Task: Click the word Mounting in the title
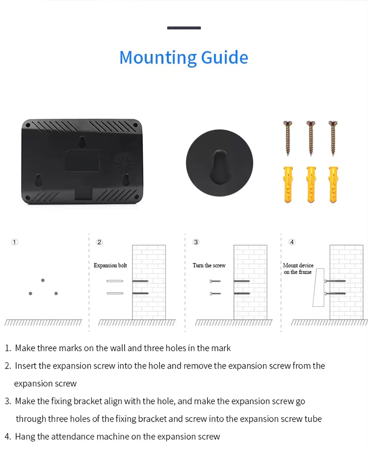click(x=158, y=58)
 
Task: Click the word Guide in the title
click(x=225, y=57)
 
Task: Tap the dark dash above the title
click(x=184, y=28)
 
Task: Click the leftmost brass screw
click(x=288, y=138)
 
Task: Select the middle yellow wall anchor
click(x=311, y=184)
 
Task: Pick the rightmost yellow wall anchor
click(x=333, y=184)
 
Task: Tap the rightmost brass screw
click(x=333, y=138)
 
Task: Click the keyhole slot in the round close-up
click(x=219, y=167)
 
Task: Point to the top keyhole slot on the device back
click(x=82, y=142)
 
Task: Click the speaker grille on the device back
click(x=125, y=164)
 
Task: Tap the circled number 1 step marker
click(x=14, y=242)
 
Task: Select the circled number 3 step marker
click(x=196, y=242)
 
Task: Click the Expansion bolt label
click(x=110, y=266)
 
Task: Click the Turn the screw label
click(x=209, y=265)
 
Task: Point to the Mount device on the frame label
click(x=298, y=268)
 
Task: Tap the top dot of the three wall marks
click(x=43, y=280)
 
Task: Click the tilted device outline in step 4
click(x=318, y=287)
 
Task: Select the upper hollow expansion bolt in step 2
click(x=115, y=281)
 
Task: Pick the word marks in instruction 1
click(x=70, y=348)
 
